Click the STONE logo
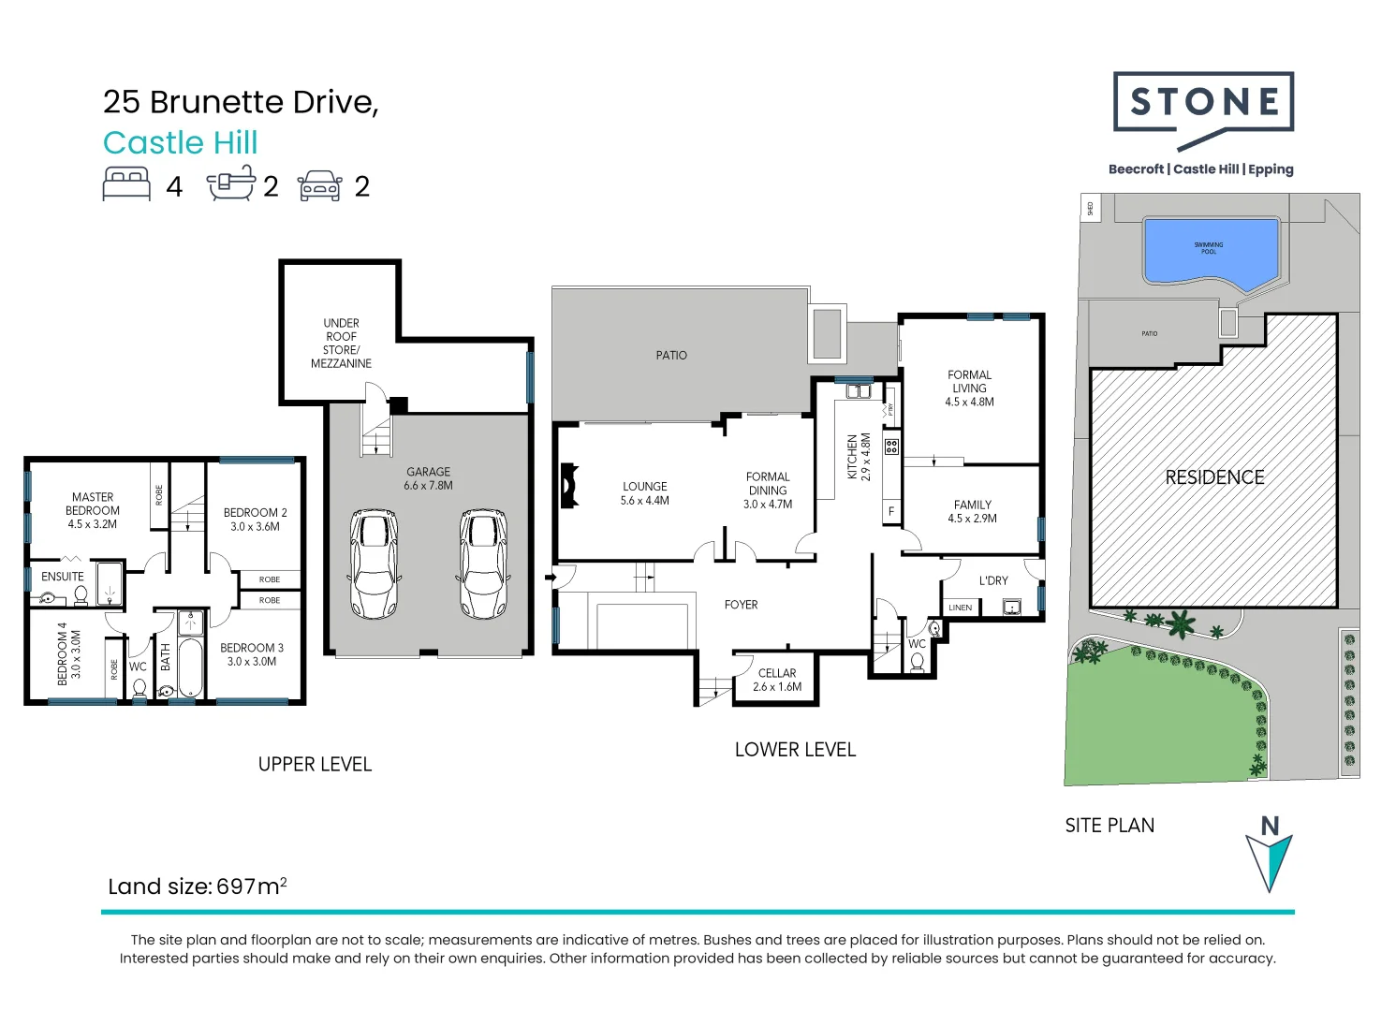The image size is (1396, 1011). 1203,103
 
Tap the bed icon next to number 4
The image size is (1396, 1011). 126,184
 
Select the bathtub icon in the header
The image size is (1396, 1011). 231,183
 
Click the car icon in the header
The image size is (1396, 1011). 320,185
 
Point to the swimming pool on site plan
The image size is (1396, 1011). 1209,250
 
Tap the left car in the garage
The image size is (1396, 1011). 374,564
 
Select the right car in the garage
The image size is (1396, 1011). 483,564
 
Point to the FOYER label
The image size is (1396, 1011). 741,605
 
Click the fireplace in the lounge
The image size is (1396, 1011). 568,486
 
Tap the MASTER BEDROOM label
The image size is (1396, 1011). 93,510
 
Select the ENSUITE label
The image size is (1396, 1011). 63,577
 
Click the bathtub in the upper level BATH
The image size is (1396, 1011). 190,666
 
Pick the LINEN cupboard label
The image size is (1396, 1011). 961,608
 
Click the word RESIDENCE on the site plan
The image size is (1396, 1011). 1214,477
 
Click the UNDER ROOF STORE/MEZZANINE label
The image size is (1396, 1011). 341,343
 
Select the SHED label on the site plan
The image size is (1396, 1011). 1090,208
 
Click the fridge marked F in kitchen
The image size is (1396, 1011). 890,511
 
